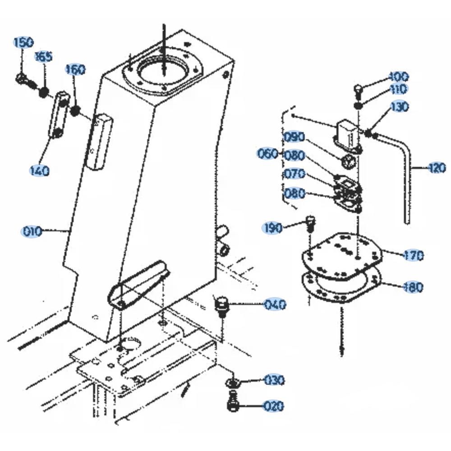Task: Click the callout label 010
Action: tap(32, 232)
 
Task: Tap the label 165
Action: tap(44, 57)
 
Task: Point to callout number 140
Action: tap(39, 171)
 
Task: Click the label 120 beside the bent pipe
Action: tap(436, 168)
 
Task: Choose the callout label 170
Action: tap(414, 256)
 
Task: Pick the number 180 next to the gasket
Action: tap(413, 287)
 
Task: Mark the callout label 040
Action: tap(275, 305)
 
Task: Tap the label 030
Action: tap(274, 380)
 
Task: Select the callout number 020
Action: tap(274, 406)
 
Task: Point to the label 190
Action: tap(273, 228)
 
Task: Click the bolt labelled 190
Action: tap(310, 223)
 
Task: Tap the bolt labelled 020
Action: tap(233, 401)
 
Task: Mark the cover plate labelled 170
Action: tap(343, 255)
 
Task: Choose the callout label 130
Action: tap(399, 107)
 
